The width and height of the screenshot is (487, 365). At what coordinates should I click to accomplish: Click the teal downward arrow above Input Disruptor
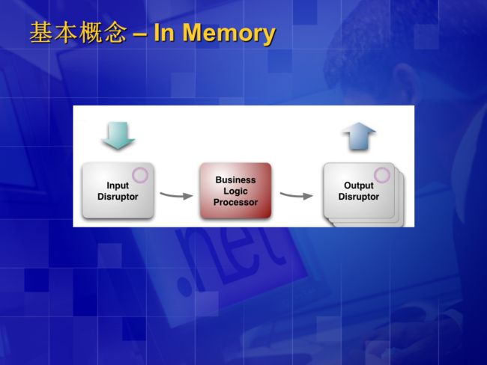point(119,135)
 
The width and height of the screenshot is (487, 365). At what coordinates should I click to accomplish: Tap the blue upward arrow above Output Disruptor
point(359,136)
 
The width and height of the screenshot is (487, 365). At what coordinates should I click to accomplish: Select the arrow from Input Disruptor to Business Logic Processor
point(176,195)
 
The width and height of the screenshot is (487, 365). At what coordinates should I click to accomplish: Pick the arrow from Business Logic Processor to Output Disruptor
point(296,195)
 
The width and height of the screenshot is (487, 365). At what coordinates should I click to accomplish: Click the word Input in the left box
point(118,185)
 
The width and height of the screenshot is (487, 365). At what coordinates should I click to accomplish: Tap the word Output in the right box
point(359,185)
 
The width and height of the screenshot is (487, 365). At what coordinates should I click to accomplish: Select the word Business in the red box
point(235,180)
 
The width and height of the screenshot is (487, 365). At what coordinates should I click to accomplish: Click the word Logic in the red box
point(235,191)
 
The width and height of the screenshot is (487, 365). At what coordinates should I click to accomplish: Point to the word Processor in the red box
point(235,202)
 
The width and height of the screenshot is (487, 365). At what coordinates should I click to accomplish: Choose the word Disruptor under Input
point(118,197)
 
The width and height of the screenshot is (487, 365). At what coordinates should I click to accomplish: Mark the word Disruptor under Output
point(359,197)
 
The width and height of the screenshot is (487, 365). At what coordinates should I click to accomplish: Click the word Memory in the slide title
point(229,34)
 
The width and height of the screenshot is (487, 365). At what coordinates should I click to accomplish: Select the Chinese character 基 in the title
point(41,32)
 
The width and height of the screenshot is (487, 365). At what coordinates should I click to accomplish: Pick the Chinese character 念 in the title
point(116,32)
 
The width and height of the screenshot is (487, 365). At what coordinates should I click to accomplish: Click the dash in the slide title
point(140,34)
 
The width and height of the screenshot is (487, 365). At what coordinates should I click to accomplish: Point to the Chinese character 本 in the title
point(66,32)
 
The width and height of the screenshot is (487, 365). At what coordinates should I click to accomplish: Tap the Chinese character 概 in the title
point(91,32)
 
